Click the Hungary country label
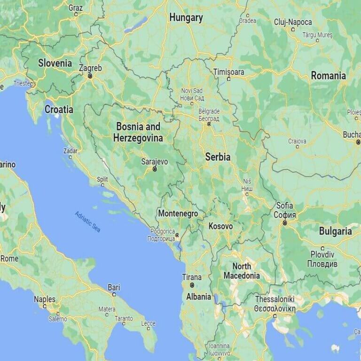point(186,18)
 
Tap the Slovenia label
point(55,63)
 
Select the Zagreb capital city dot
point(90,75)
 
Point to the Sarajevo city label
point(154,161)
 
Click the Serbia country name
point(218,157)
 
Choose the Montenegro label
point(178,213)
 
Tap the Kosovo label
point(220,226)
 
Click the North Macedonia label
point(242,271)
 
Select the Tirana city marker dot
point(192,285)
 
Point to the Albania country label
point(198,297)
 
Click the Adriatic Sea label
point(88,221)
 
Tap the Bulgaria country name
point(335,231)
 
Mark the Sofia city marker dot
point(285,223)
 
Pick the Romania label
point(328,76)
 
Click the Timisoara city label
point(228,72)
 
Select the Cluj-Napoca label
point(293,22)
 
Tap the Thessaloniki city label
point(275,299)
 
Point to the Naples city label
point(44,299)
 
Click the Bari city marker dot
point(114,294)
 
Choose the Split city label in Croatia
point(102,179)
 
